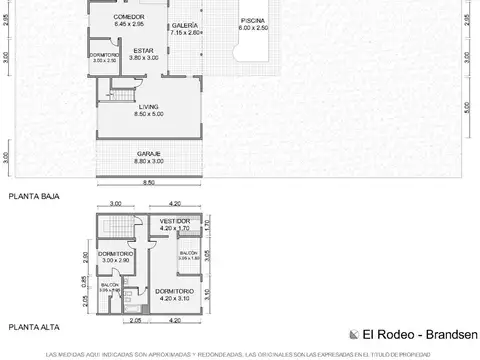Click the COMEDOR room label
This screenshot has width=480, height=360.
[129, 18]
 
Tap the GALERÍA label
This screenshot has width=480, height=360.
[185, 24]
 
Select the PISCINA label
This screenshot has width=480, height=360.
[253, 20]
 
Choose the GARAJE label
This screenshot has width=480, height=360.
[149, 153]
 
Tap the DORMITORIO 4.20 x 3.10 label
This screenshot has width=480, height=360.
[175, 291]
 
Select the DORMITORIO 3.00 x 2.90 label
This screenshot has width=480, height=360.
[116, 254]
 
